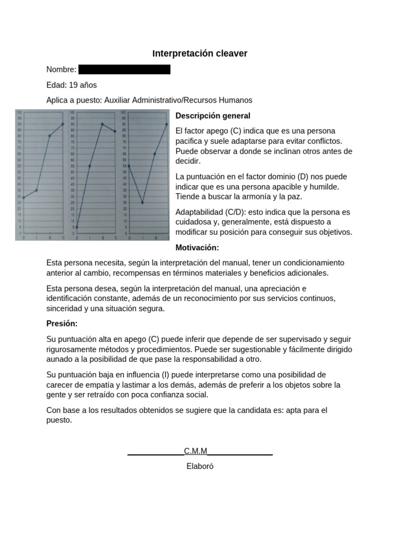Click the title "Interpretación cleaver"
click(x=199, y=53)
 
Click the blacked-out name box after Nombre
click(x=124, y=70)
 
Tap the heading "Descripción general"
click(x=213, y=116)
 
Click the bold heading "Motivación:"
click(x=197, y=247)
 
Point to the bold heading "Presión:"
click(x=61, y=324)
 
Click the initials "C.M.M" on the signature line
click(x=195, y=451)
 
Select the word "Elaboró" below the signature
click(x=199, y=466)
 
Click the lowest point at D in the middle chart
click(x=77, y=227)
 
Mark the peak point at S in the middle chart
click(x=102, y=124)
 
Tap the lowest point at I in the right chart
click(x=142, y=202)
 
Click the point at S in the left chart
click(x=50, y=136)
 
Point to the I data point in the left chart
click(x=36, y=190)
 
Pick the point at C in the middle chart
click(x=115, y=131)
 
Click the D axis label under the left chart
click(x=23, y=237)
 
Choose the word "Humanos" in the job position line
click(x=238, y=100)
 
